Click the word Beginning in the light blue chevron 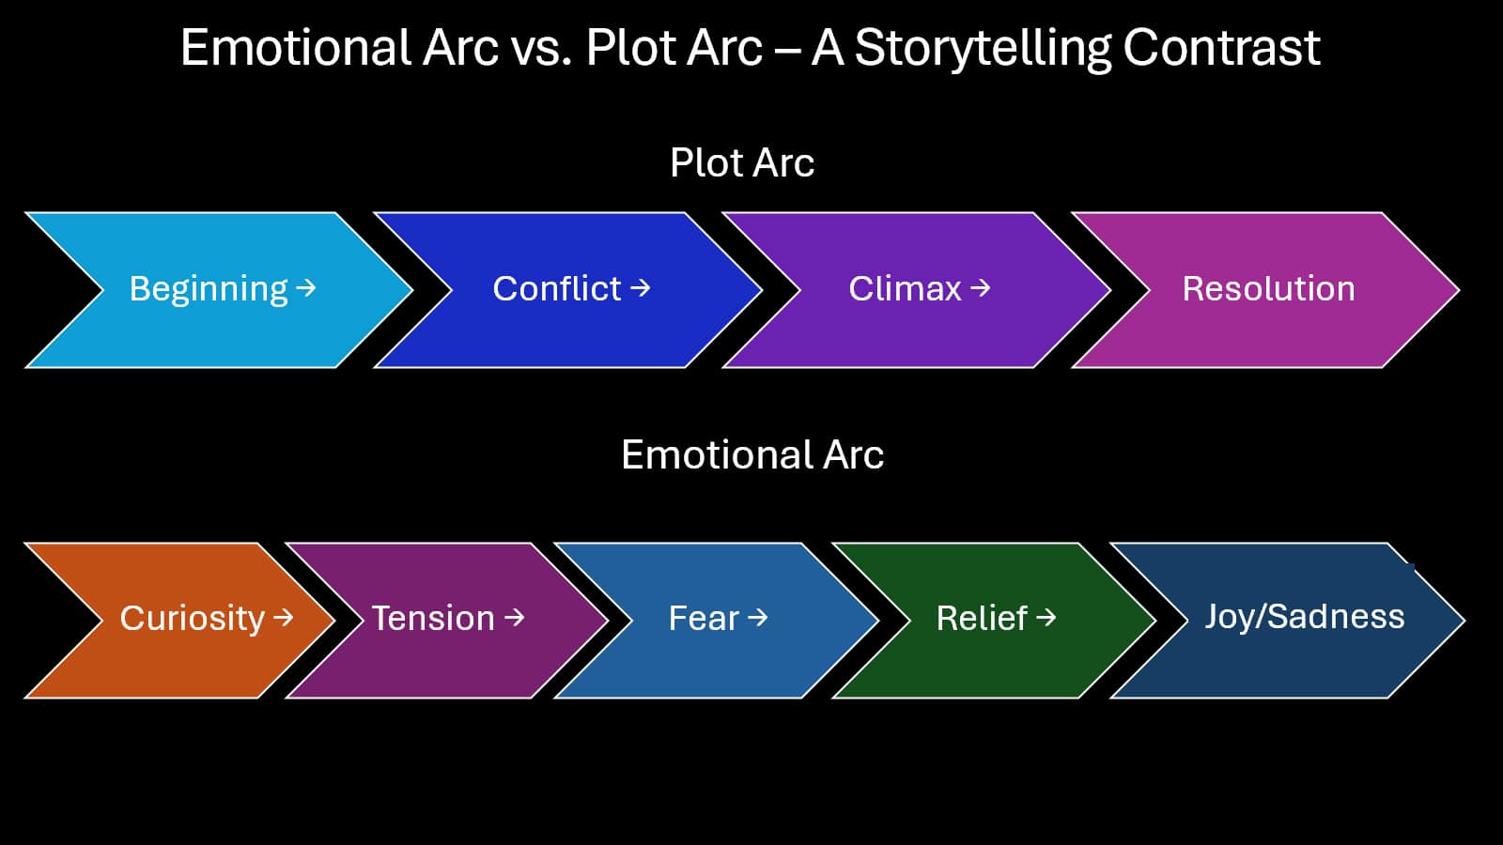coord(209,289)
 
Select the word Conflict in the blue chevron coord(557,288)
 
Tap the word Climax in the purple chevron coord(905,288)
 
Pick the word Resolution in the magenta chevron coord(1268,288)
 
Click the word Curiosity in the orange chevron coord(193,619)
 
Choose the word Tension coord(433,619)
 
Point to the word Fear coord(704,619)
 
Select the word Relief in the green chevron coord(982,619)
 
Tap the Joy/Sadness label coord(1304,617)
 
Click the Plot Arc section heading coord(741,162)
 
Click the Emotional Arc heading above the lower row coord(751,454)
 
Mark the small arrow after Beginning coord(306,288)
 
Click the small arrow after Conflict coord(641,287)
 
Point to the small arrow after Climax coord(981,287)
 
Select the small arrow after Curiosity coord(284,617)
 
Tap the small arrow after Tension coord(515,617)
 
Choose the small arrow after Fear coord(758,617)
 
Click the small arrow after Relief coord(1046,617)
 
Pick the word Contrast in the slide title coord(1221,47)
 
